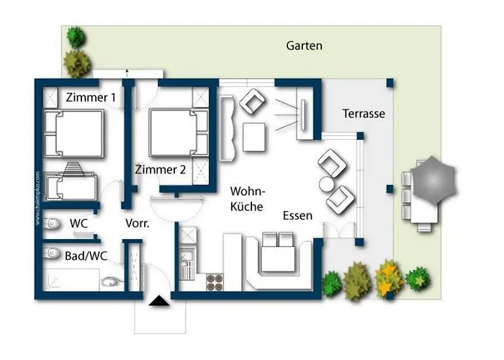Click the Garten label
304,46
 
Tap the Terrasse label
364,114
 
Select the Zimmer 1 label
91,96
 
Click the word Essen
297,215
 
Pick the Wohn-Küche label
247,199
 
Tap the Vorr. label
137,224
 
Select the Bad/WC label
81,256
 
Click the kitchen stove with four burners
215,282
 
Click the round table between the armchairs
325,184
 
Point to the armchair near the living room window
253,103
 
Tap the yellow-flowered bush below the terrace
387,277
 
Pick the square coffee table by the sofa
255,137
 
